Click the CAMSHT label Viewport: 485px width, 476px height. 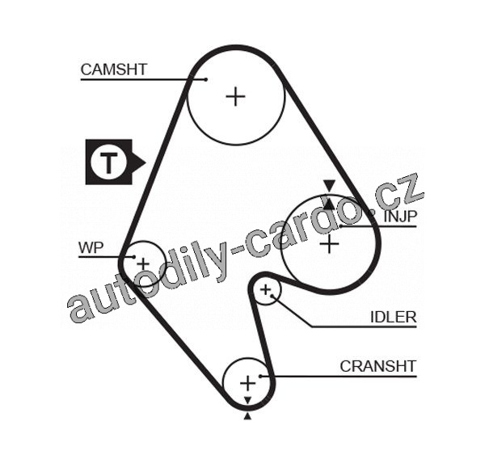pos(113,70)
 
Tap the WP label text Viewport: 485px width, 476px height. pos(91,247)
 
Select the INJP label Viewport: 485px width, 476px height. pos(401,217)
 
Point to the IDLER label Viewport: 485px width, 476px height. pos(394,317)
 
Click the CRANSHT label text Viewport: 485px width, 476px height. pos(378,366)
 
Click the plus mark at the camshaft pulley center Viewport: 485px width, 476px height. pos(236,96)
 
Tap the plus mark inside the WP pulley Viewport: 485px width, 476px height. pos(143,264)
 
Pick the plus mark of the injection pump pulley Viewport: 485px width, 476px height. pos(329,244)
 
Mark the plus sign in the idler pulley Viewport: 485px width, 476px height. pos(265,289)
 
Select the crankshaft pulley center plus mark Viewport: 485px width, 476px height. pos(248,384)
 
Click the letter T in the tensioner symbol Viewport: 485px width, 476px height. pos(108,162)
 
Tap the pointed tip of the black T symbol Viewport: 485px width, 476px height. pos(145,162)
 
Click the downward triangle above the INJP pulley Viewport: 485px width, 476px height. pos(330,185)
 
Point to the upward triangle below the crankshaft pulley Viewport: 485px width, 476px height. pos(247,416)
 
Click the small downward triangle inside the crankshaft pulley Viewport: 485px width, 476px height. pos(247,400)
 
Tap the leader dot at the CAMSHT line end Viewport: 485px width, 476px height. pos(206,79)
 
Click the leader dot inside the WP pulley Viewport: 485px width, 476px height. pos(134,257)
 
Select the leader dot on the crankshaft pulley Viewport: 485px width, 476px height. pos(261,376)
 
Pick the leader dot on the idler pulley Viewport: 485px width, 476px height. pos(272,296)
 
